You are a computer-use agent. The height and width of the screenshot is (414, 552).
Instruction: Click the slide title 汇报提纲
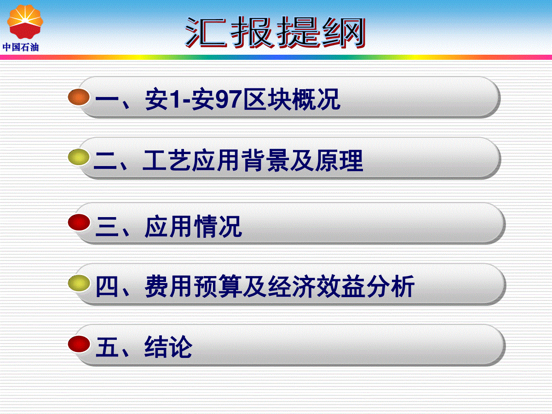275,32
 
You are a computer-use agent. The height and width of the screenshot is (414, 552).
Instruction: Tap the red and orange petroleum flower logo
25,22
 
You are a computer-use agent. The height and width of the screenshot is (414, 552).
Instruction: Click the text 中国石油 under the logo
21,47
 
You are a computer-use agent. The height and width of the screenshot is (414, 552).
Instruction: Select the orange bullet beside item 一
79,97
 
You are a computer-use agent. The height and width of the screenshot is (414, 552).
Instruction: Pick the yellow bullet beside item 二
79,157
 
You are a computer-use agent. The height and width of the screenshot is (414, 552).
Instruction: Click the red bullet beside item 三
79,222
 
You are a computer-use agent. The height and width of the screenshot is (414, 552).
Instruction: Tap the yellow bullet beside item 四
79,283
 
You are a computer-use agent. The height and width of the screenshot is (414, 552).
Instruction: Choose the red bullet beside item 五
79,344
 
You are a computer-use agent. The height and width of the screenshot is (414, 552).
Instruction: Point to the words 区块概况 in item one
292,99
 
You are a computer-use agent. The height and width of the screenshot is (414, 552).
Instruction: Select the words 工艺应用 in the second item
191,161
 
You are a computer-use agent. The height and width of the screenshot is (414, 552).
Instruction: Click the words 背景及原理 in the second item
302,161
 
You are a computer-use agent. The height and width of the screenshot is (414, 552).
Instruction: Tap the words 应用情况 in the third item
193,226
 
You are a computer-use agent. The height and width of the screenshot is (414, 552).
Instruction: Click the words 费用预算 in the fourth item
193,286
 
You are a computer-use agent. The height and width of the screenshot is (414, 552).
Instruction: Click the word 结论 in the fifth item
168,347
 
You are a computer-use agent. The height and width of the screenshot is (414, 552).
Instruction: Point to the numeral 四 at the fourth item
107,287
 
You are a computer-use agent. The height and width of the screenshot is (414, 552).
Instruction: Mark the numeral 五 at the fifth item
107,347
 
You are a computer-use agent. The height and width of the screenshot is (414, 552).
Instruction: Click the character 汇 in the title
206,32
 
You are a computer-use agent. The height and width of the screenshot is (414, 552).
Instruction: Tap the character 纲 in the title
344,32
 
